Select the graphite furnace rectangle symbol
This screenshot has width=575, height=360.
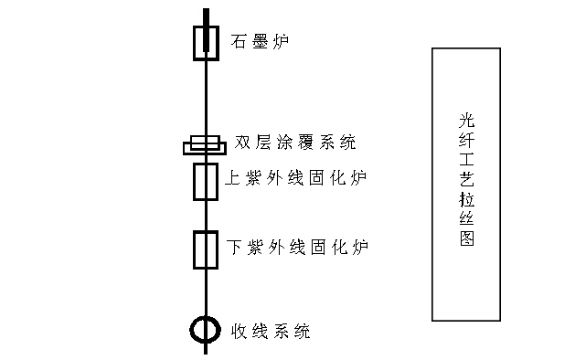(x=206, y=41)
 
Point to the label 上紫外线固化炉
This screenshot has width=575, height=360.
(x=296, y=177)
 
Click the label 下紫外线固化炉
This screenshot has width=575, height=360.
(x=297, y=247)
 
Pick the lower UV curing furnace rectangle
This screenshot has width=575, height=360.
(x=205, y=249)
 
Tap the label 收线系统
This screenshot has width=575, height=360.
(x=271, y=331)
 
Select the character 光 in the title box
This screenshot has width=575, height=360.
(x=466, y=120)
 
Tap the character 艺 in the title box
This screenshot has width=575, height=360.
(x=466, y=179)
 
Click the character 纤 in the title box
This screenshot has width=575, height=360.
(x=466, y=140)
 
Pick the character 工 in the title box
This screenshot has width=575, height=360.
(x=466, y=159)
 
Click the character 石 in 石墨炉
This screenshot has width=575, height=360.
(x=240, y=41)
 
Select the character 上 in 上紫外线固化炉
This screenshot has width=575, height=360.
(x=234, y=177)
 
